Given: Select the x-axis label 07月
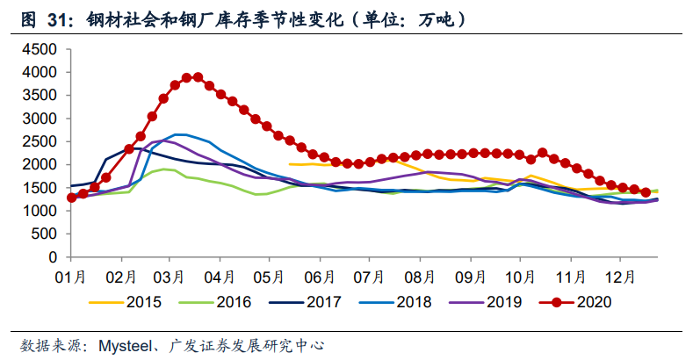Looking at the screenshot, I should [x=371, y=277].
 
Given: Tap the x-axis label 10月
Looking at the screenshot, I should [x=520, y=277].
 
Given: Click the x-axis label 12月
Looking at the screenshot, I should [x=620, y=277].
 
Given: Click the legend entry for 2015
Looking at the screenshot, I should [x=132, y=302].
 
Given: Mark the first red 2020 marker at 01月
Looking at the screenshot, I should [x=71, y=198].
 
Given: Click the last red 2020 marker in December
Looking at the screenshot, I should [x=645, y=192].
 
